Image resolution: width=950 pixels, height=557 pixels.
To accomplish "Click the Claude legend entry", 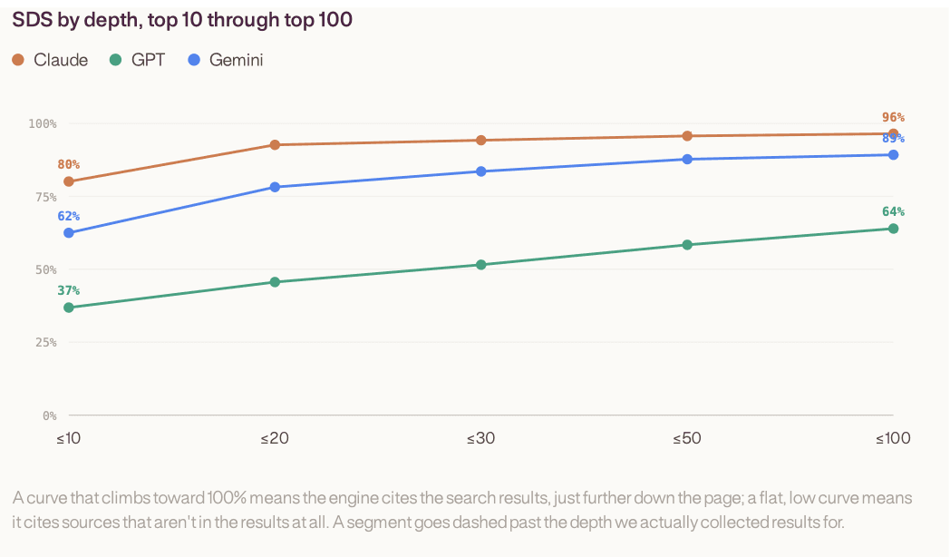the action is click(x=50, y=60).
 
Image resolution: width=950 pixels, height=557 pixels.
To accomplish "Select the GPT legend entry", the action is click(x=137, y=60).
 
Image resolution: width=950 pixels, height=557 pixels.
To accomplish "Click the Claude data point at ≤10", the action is click(x=69, y=181).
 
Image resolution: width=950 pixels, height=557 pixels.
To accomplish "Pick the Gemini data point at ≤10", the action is click(x=69, y=233).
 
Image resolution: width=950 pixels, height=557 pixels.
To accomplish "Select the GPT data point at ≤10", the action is click(x=69, y=308).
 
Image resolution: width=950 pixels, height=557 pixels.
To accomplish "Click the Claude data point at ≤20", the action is click(x=275, y=145).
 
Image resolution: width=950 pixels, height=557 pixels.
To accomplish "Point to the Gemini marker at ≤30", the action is click(x=481, y=171).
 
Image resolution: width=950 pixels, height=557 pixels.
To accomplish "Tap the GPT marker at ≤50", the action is click(x=687, y=245).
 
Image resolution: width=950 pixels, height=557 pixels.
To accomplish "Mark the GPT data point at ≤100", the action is click(x=893, y=229).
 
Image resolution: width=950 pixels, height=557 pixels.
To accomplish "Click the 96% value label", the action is click(x=893, y=118).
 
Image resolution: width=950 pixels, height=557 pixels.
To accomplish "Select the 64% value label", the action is click(x=893, y=211).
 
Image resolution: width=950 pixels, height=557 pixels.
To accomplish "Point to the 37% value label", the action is click(x=69, y=290).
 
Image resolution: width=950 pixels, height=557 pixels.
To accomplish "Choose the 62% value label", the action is click(x=69, y=217).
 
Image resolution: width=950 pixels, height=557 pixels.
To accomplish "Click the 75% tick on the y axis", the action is click(x=45, y=197).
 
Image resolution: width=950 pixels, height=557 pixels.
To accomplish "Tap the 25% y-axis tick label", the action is click(x=45, y=342).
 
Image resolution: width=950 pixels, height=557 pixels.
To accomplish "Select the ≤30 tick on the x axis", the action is click(x=481, y=438).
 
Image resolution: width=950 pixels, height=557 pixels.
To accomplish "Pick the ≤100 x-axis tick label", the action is click(x=893, y=438).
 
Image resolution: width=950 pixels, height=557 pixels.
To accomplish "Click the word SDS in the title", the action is click(x=33, y=20).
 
